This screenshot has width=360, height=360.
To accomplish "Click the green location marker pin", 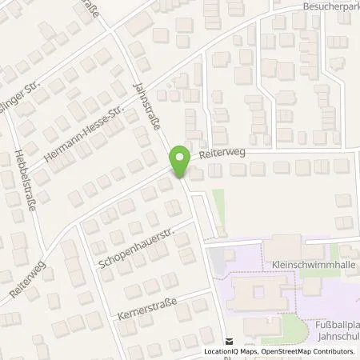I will (179, 160).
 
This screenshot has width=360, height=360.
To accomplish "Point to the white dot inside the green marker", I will (179, 157).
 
